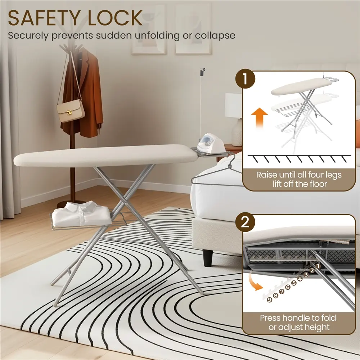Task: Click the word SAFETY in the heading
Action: [x=44, y=18]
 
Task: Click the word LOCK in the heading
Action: [x=115, y=18]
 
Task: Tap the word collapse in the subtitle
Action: [x=215, y=36]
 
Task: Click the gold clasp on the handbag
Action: [x=69, y=112]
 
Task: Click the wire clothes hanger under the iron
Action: [x=216, y=175]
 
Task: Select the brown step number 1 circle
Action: [x=245, y=79]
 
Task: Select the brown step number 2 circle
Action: [x=245, y=222]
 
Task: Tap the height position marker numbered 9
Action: [x=270, y=300]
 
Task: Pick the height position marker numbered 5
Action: [x=294, y=283]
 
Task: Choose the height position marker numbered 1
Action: [x=318, y=266]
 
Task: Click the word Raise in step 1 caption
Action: [x=266, y=175]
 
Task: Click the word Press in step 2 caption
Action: [x=270, y=318]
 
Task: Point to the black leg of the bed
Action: [x=208, y=258]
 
